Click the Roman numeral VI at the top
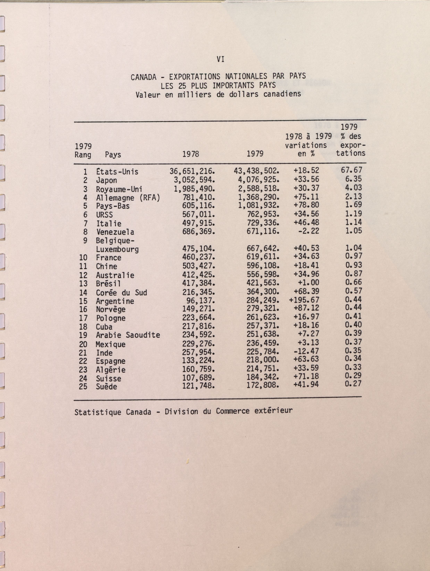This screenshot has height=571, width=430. pyautogui.click(x=220, y=60)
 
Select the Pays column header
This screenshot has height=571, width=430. pyautogui.click(x=113, y=155)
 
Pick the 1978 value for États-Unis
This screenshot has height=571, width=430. pyautogui.click(x=192, y=171)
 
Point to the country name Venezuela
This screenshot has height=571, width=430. pyautogui.click(x=115, y=232)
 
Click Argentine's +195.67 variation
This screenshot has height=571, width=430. pyautogui.click(x=304, y=300)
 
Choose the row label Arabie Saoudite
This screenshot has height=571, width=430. pyautogui.click(x=128, y=335)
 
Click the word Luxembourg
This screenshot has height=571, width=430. pyautogui.click(x=117, y=249)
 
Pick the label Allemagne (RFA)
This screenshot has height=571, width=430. pyautogui.click(x=128, y=198)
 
